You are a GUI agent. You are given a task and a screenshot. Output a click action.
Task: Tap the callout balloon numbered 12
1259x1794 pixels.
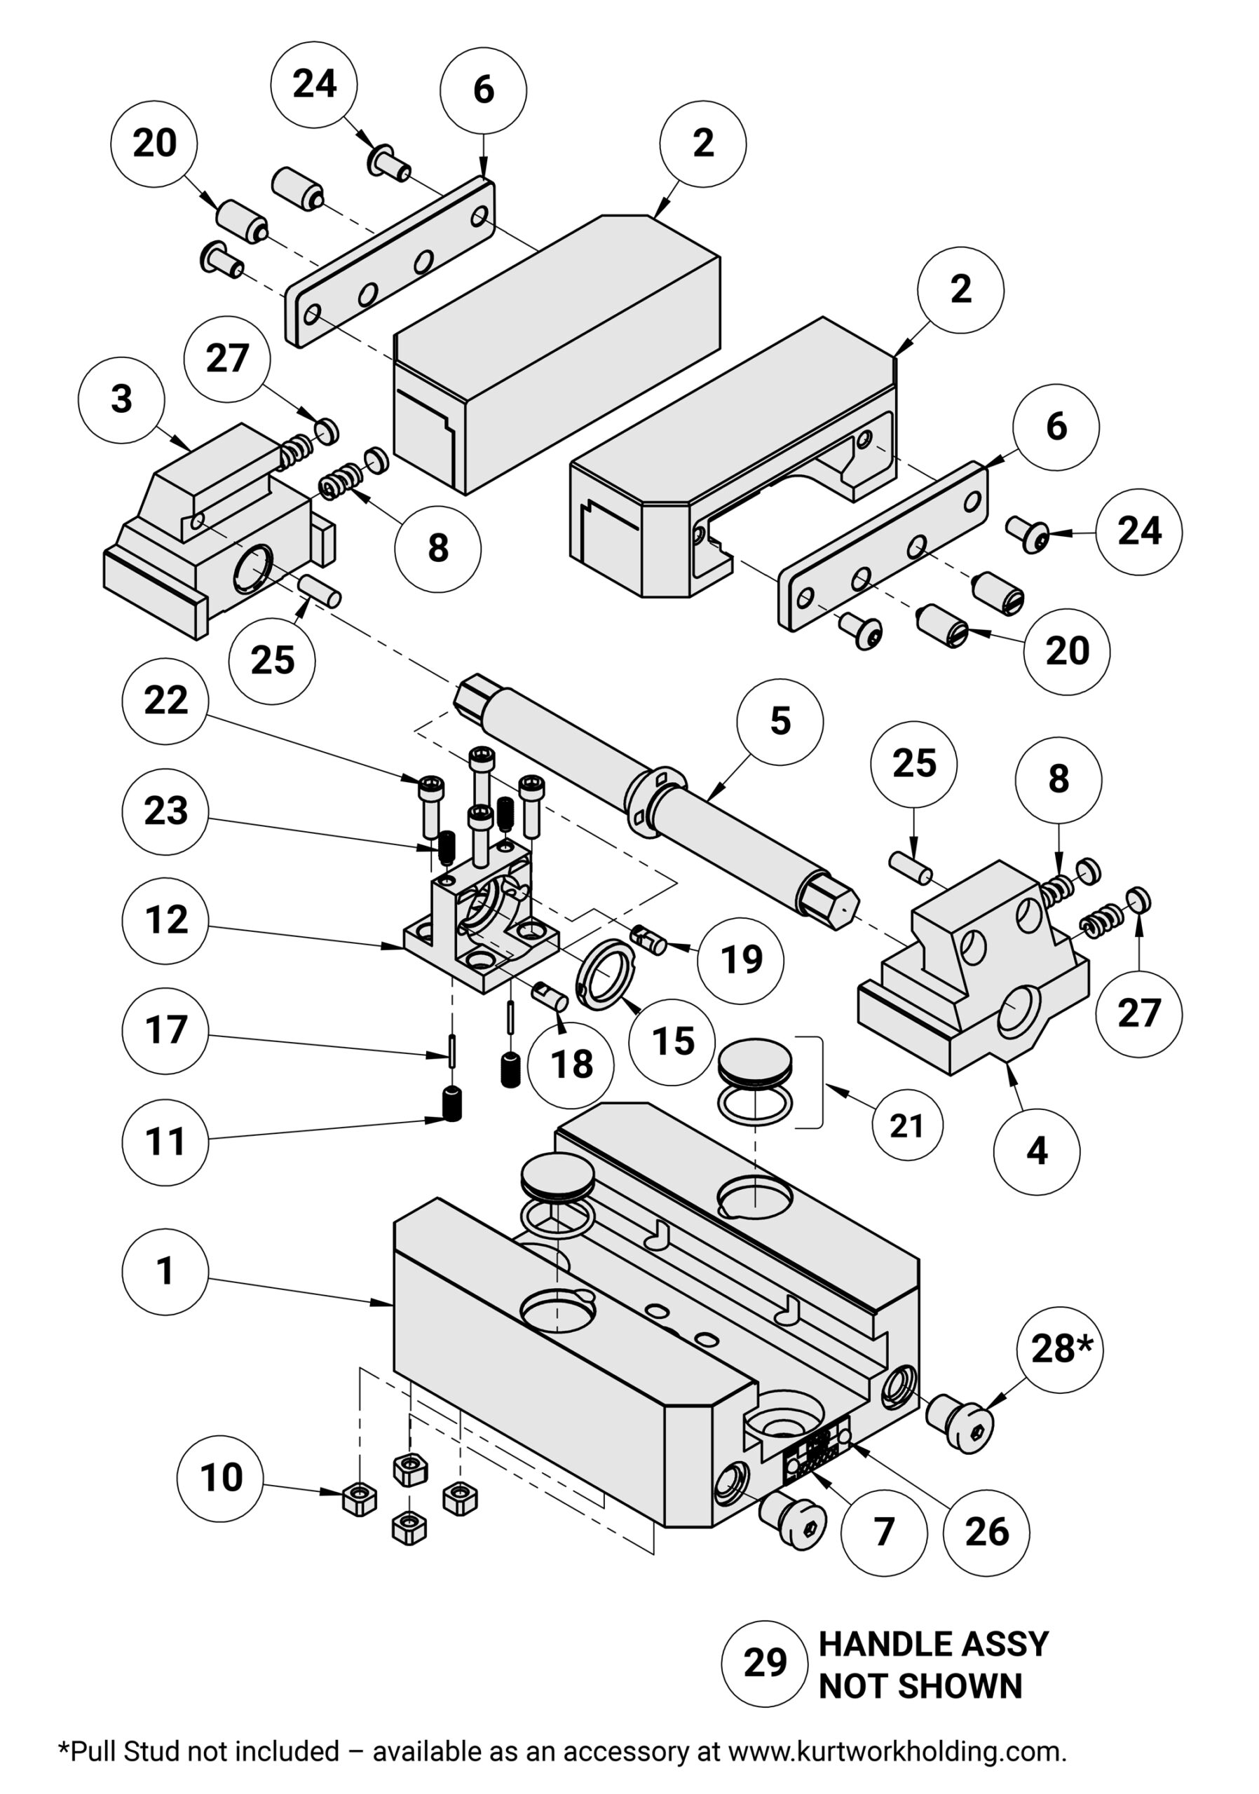click(165, 920)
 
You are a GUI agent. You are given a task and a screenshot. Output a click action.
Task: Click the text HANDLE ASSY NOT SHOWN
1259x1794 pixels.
click(932, 1665)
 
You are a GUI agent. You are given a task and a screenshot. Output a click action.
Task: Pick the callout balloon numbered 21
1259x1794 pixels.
click(906, 1126)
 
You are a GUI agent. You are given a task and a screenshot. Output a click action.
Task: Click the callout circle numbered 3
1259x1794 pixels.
click(121, 399)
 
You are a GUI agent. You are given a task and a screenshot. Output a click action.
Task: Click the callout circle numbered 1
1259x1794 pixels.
click(165, 1271)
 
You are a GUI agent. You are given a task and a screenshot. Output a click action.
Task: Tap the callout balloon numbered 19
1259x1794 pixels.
click(740, 959)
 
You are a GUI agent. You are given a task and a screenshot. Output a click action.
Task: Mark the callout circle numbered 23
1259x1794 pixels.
click(165, 811)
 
